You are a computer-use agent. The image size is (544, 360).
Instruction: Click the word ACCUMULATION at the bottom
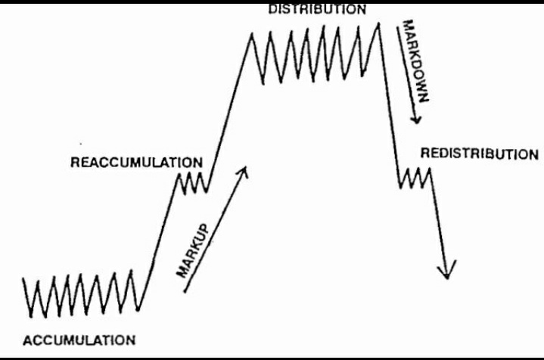(79, 340)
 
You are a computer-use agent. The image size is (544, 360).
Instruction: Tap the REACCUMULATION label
(136, 162)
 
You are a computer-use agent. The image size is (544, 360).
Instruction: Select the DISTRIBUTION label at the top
(317, 10)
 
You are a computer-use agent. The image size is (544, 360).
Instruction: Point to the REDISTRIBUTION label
(479, 154)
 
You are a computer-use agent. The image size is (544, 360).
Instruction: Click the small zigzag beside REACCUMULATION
(191, 182)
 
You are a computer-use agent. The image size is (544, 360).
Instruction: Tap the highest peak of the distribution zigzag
(378, 24)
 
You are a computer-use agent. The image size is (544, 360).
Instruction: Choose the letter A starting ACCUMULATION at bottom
(27, 340)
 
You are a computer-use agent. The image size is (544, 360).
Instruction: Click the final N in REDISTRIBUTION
(533, 154)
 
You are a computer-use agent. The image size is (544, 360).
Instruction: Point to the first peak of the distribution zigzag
(251, 35)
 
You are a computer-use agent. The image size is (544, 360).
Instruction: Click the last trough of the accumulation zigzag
(139, 309)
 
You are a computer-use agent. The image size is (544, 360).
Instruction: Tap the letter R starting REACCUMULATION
(74, 162)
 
